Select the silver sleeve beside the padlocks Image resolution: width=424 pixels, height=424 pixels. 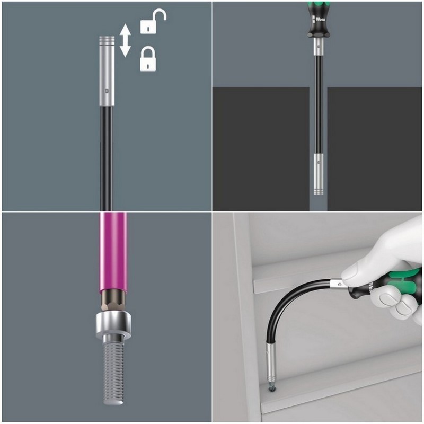click(x=107, y=69)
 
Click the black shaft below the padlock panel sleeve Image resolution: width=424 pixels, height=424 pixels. click(x=106, y=154)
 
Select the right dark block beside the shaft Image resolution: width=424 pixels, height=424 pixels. click(x=374, y=148)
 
